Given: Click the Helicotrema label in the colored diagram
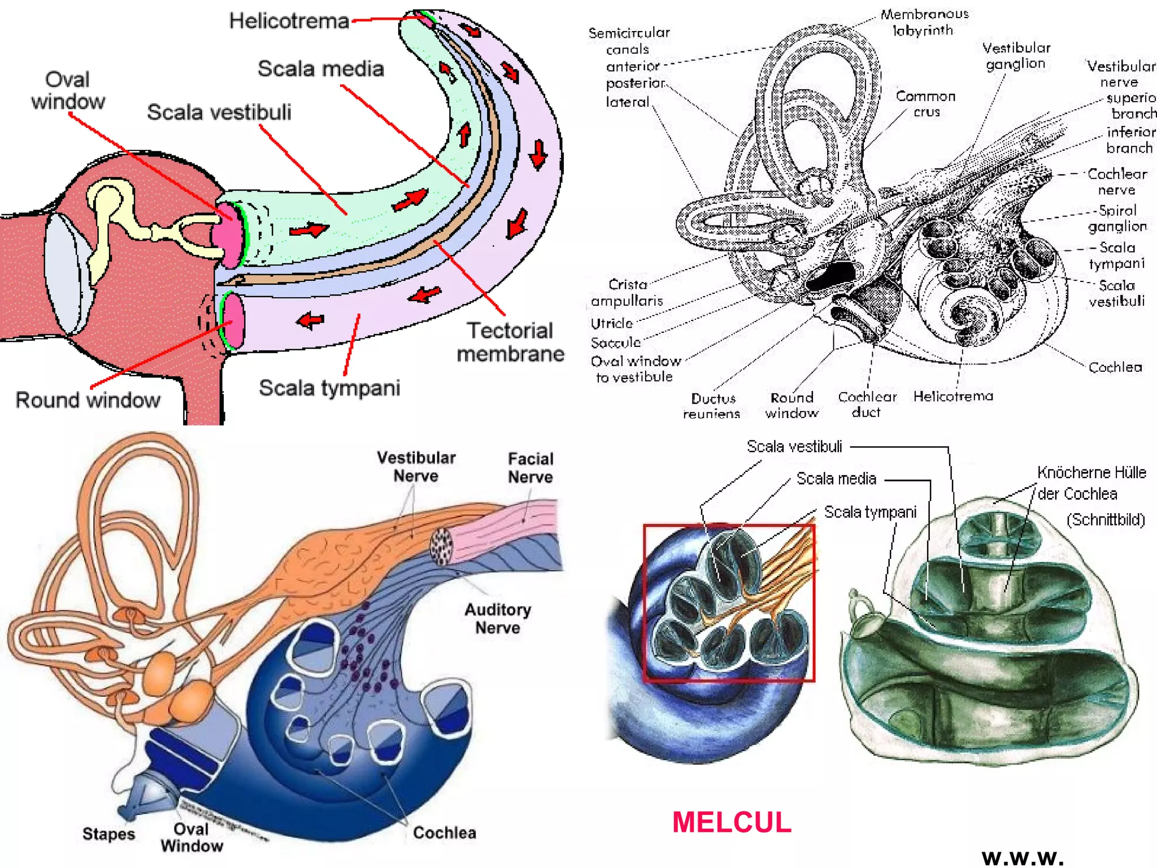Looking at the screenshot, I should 289,21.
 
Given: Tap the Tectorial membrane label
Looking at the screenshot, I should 510,342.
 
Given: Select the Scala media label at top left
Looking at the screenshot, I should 320,69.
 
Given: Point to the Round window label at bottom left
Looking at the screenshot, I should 88,400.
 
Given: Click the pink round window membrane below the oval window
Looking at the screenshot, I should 233,320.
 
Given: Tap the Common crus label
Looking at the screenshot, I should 925,103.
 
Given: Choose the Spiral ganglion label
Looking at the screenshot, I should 1117,218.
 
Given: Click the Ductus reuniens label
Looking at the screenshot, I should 712,406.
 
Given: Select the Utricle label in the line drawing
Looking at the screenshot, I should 611,324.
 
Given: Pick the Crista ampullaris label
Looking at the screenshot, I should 627,292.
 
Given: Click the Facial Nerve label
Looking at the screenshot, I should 530,467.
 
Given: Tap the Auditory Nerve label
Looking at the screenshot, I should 497,618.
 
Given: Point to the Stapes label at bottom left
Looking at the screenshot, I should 108,834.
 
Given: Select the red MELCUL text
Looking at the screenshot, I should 732,822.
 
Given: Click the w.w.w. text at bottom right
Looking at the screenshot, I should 1023,857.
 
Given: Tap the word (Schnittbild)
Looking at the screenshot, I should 1106,519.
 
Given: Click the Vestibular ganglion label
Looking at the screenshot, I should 1016,55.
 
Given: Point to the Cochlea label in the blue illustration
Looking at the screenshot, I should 444,832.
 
